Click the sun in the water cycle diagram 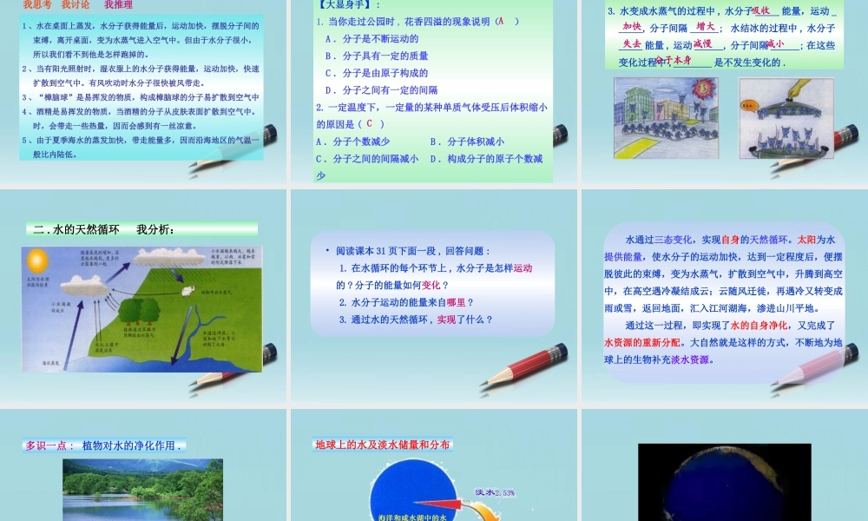[36, 259]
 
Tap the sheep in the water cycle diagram [186, 291]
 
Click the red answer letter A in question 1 [500, 21]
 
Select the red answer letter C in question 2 [369, 123]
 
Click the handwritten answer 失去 [631, 43]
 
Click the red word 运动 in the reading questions [523, 268]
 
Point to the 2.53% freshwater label [495, 493]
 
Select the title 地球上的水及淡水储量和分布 [383, 445]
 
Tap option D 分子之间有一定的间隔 [381, 89]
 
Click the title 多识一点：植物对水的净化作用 [103, 446]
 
